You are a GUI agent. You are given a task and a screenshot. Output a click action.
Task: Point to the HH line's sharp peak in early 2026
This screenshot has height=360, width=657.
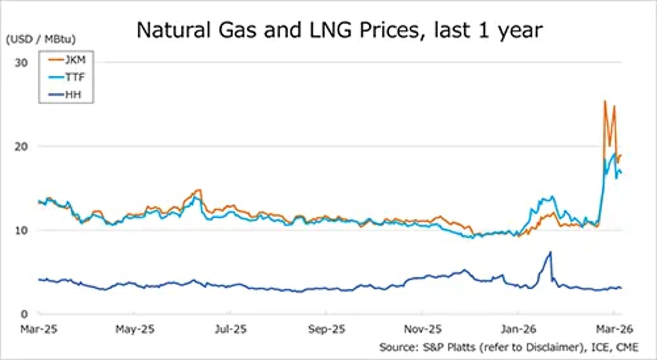coord(550,252)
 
